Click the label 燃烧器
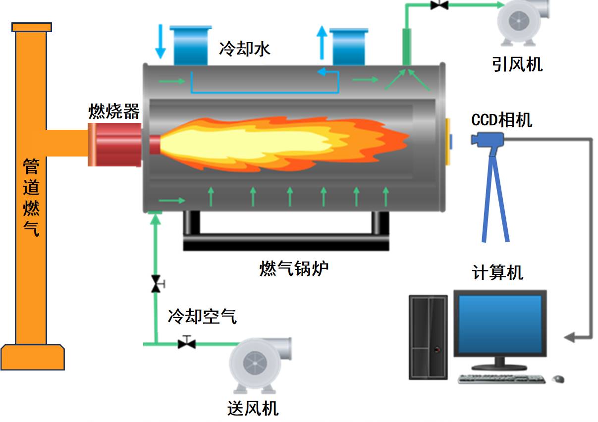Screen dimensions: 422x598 113,111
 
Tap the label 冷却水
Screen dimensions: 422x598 245,49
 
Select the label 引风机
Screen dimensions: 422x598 517,64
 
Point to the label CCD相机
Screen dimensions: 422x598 501,120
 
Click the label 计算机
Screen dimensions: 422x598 497,272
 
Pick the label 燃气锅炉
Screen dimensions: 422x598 294,268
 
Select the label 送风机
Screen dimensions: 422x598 253,408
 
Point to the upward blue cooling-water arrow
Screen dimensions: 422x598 323,43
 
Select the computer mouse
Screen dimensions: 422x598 558,379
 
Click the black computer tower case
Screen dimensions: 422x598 428,337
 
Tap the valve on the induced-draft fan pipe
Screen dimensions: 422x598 439,4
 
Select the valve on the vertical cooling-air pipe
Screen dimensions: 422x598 156,284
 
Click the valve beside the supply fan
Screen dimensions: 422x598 187,342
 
